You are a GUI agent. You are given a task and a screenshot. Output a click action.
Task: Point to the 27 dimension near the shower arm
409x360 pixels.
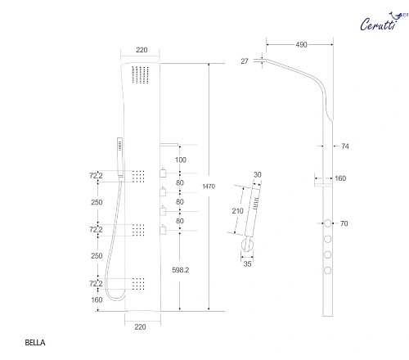tap(245, 59)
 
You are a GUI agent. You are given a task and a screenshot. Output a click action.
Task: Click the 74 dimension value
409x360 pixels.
tap(344, 146)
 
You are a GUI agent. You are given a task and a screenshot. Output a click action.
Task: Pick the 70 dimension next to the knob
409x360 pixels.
tap(344, 223)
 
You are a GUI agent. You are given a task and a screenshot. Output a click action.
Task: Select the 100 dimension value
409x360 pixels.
tap(181, 159)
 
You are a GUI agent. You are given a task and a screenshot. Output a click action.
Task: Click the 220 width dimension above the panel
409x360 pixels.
tap(142, 50)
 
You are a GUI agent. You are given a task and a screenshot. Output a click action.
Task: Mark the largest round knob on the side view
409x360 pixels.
tap(327, 223)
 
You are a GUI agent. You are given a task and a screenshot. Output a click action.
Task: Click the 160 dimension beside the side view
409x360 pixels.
tap(340, 178)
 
